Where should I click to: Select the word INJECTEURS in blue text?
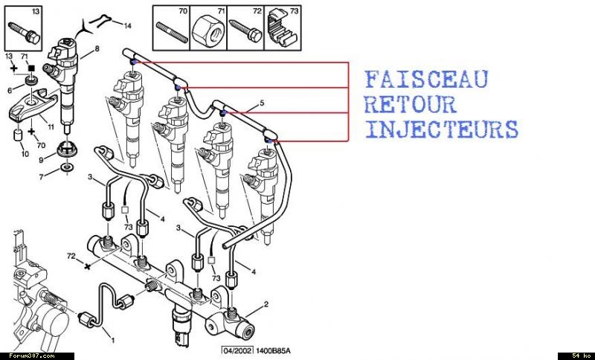442,128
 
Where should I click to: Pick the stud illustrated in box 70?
170,33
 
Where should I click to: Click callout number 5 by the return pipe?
262,102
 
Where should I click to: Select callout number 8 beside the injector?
97,50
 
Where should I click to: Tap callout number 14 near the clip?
127,26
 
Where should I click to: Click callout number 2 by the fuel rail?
265,306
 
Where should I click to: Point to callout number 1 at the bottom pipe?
112,341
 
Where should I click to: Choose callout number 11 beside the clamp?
51,127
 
